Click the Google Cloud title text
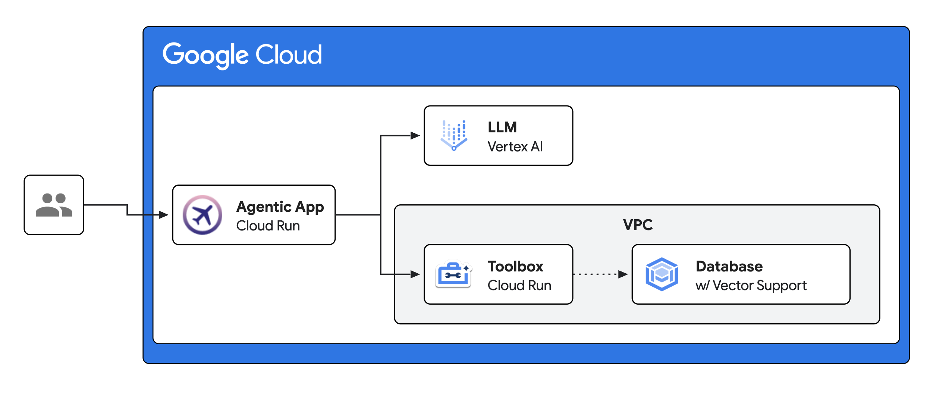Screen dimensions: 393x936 click(242, 55)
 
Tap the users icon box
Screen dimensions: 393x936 click(54, 205)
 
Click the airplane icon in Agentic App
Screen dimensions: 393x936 click(202, 215)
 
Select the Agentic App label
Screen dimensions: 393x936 click(280, 207)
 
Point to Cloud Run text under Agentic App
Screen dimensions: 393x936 click(268, 226)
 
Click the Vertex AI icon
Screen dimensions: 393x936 click(454, 135)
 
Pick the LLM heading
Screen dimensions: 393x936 click(502, 127)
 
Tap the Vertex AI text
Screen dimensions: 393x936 click(515, 147)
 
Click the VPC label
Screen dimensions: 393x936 click(638, 225)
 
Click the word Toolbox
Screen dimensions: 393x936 click(515, 266)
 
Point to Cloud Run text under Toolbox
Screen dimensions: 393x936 click(519, 285)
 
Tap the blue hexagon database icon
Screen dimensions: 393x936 click(662, 274)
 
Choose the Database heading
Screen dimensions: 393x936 click(729, 266)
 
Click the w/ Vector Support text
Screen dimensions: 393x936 click(751, 285)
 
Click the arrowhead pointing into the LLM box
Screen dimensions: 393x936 click(415, 136)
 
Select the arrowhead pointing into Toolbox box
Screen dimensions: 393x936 click(415, 274)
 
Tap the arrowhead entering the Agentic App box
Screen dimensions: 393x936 click(163, 215)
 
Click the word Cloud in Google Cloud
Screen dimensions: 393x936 click(288, 55)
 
